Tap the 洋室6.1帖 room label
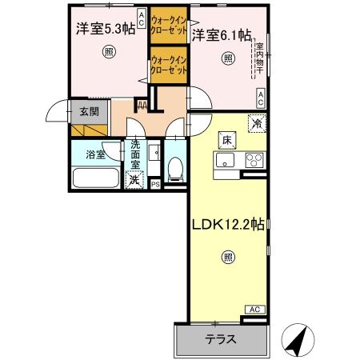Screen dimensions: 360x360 tap(222, 35)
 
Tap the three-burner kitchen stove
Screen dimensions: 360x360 tap(254, 158)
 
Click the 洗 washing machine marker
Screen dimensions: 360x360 tap(137, 180)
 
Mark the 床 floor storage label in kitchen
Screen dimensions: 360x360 tap(226, 141)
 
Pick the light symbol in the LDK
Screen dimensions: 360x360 tap(229, 258)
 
